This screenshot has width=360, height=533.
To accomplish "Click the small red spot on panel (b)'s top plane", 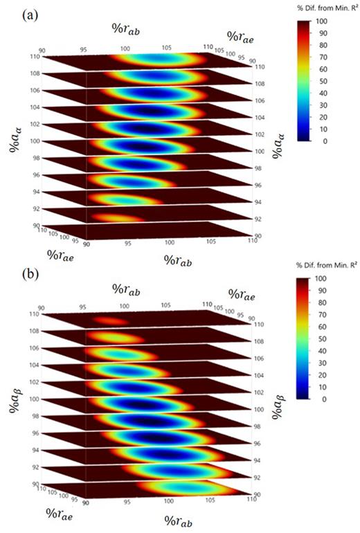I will point(111,321).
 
